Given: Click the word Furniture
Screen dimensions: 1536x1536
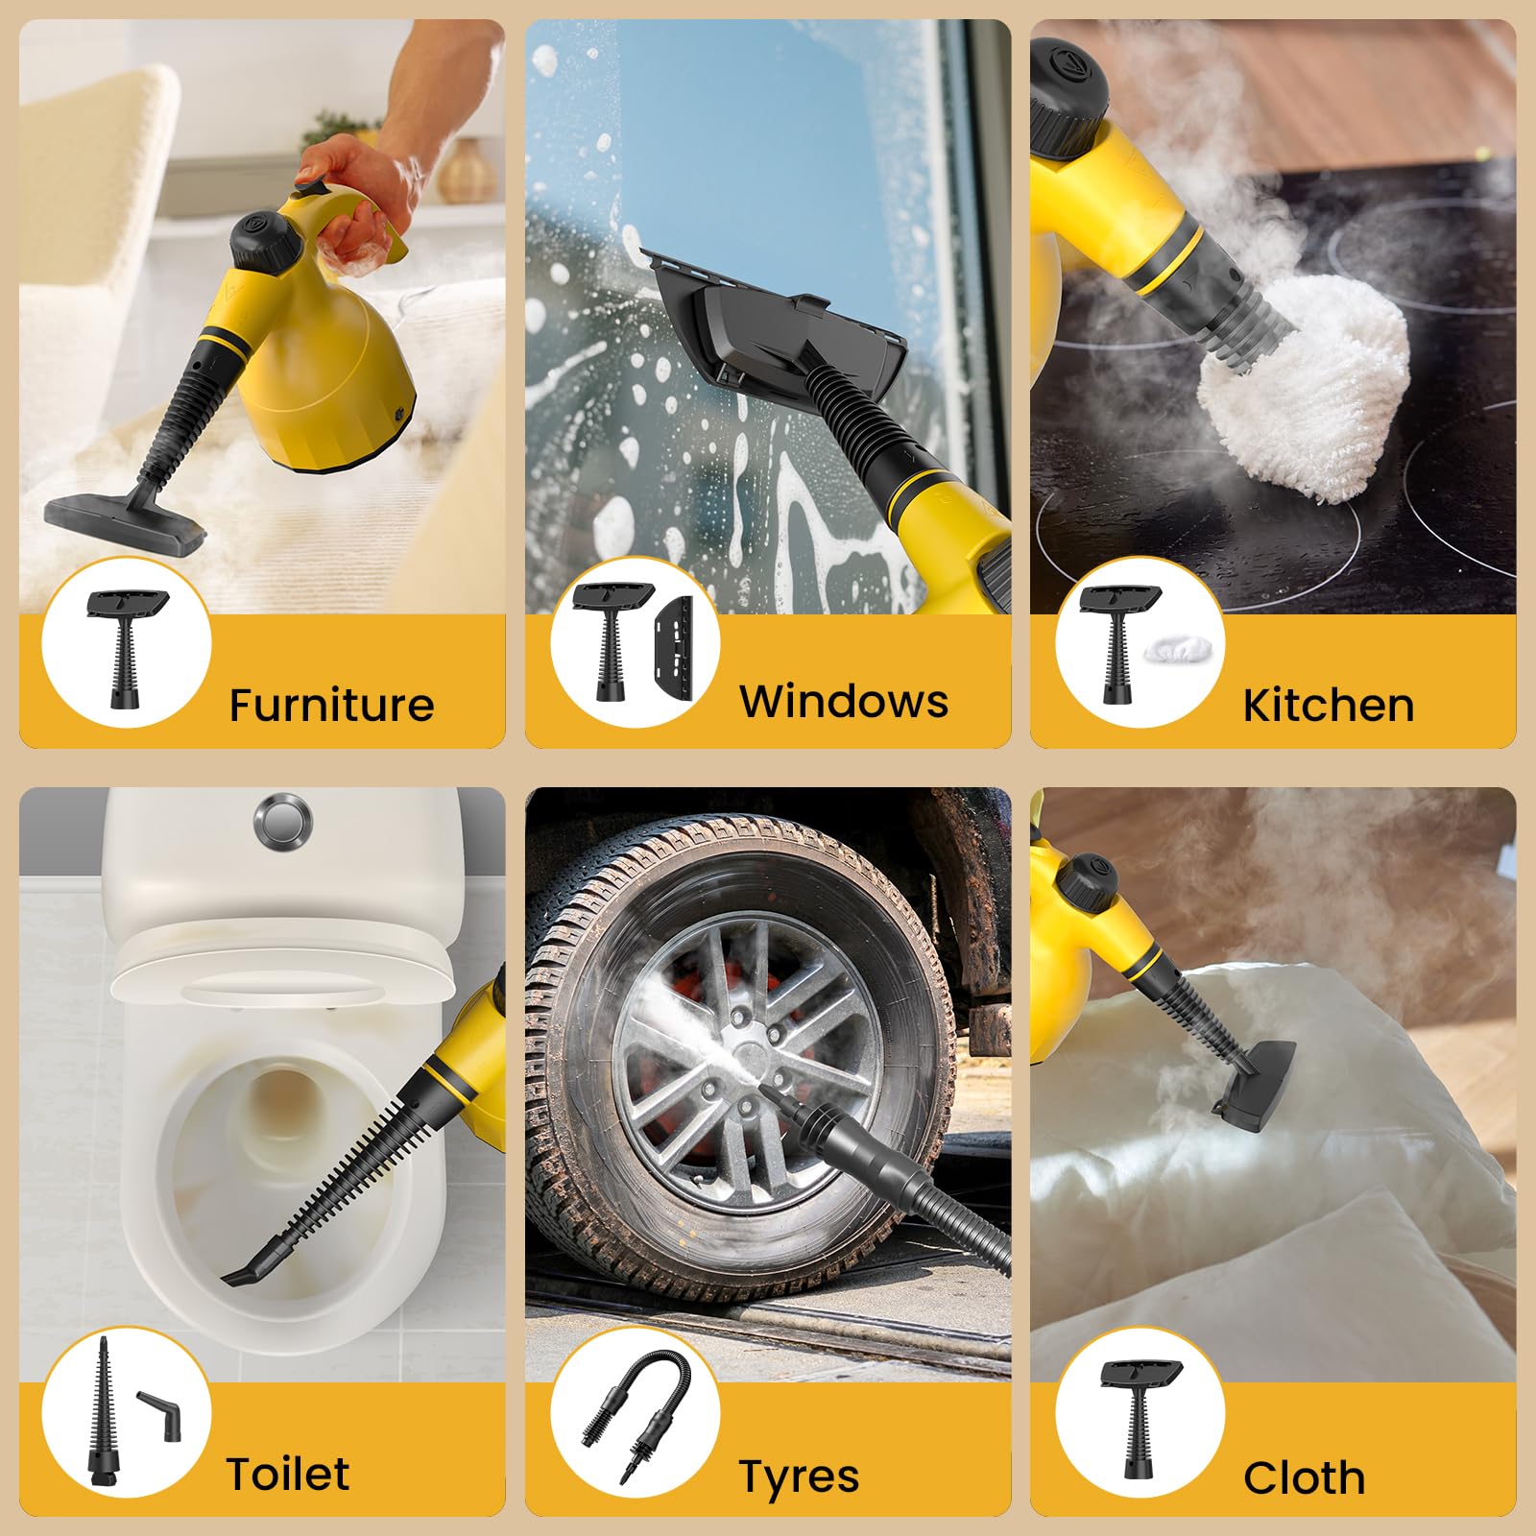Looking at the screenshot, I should (331, 705).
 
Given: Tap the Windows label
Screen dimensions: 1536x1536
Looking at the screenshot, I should (843, 701).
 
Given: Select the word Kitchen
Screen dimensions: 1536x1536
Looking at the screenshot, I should (1328, 705).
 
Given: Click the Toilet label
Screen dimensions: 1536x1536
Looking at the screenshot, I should (288, 1474).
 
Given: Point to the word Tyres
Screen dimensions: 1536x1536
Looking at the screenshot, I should (799, 1476).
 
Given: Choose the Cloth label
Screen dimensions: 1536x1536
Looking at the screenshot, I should (1304, 1478).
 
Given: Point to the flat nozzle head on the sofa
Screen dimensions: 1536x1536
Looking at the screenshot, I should (125, 523).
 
